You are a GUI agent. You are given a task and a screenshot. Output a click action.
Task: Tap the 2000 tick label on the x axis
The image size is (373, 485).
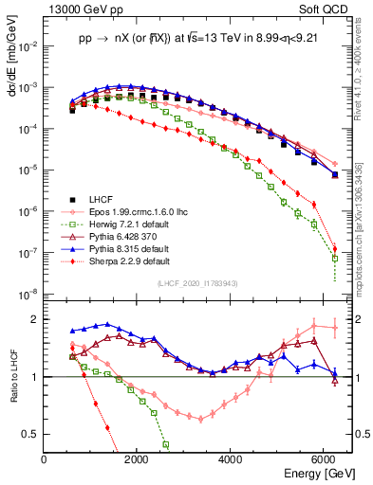pos(138,459)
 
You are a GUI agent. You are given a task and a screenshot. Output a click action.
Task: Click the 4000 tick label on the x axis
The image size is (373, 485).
pos(232,459)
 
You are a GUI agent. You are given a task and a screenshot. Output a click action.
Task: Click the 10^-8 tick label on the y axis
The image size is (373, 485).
pos(29,292)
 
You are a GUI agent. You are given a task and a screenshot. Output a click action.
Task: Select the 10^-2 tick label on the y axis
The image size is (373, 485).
pos(29,45)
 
